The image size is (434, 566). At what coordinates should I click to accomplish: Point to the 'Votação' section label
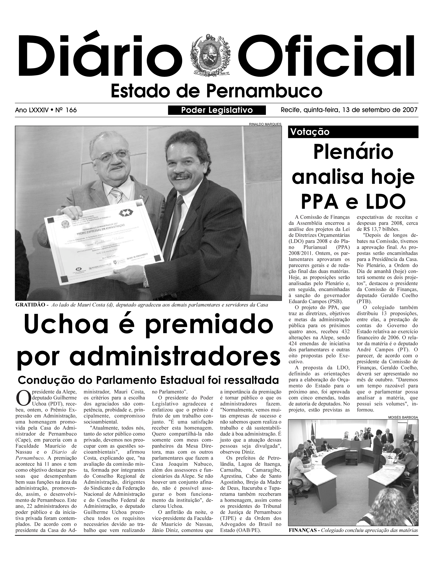pyautogui.click(x=310, y=132)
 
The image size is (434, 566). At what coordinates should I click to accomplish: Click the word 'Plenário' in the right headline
pyautogui.click(x=353, y=153)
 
